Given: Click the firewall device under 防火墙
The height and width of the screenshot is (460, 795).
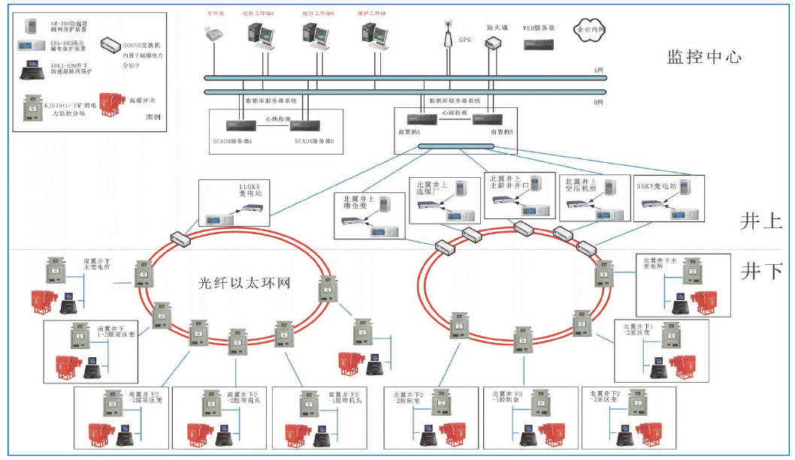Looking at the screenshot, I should coord(493,42).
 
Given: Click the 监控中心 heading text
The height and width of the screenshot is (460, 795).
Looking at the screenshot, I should coord(704,56).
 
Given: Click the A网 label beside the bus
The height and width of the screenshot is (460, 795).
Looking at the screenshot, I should coord(599,71).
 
